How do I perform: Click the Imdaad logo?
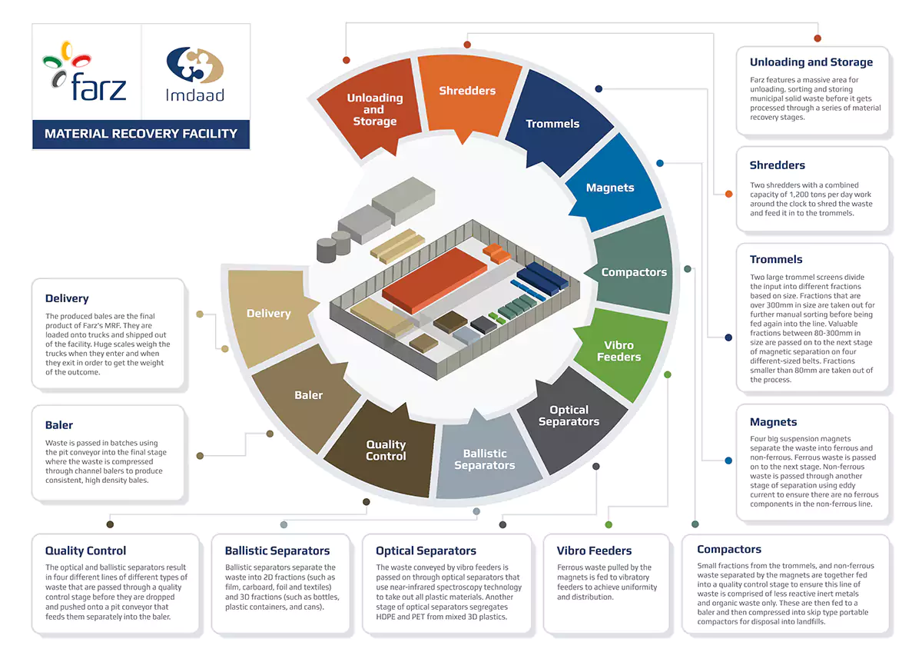click(x=195, y=74)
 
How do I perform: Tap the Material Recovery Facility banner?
click(x=141, y=134)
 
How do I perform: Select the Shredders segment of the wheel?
click(x=468, y=97)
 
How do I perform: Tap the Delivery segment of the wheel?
click(x=270, y=315)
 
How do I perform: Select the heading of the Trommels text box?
click(x=776, y=259)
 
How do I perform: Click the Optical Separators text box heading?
click(x=426, y=551)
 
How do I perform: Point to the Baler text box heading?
click(x=59, y=425)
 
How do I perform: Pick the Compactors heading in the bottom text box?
click(x=729, y=550)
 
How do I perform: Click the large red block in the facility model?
click(x=434, y=279)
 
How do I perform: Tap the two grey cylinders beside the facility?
click(x=333, y=246)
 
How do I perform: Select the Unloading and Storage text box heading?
click(x=811, y=62)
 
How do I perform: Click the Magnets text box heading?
click(x=773, y=422)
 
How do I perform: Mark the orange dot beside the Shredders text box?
click(x=728, y=194)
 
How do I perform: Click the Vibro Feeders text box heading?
click(x=594, y=551)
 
